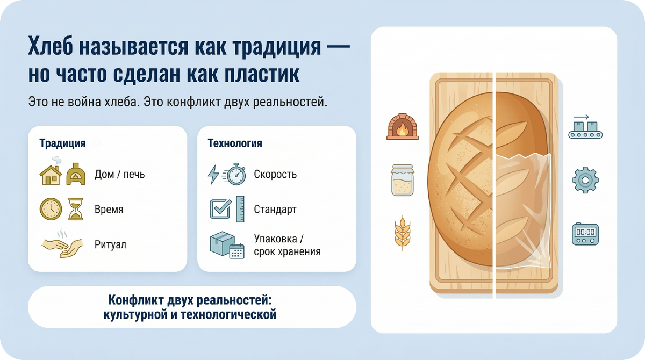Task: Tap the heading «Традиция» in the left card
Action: coord(62,143)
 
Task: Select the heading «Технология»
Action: coord(235,143)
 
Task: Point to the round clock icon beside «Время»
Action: coord(51,209)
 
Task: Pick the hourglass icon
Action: coord(76,209)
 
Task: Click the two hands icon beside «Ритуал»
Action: coord(62,244)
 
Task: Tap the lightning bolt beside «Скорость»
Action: coord(213,175)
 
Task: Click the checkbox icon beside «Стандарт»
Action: coord(220,208)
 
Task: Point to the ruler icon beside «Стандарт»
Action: coord(240,209)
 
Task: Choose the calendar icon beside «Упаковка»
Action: coord(237,251)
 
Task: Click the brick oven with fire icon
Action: coord(402,126)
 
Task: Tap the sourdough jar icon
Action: coord(403,180)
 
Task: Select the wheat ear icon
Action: coord(402,233)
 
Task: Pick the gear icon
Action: coord(585,180)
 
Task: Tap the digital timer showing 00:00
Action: coord(585,234)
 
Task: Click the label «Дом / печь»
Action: coord(119,175)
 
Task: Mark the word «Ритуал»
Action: coord(110,244)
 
